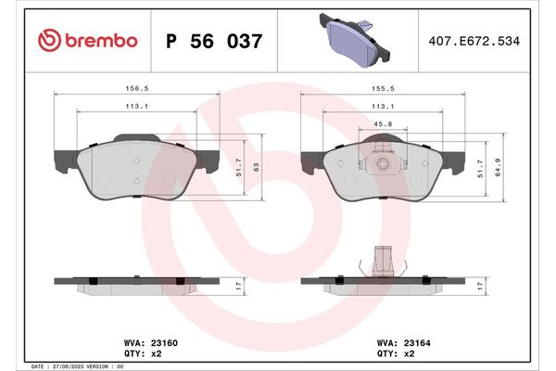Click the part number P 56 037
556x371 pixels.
213,41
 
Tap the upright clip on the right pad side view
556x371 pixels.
381,261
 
